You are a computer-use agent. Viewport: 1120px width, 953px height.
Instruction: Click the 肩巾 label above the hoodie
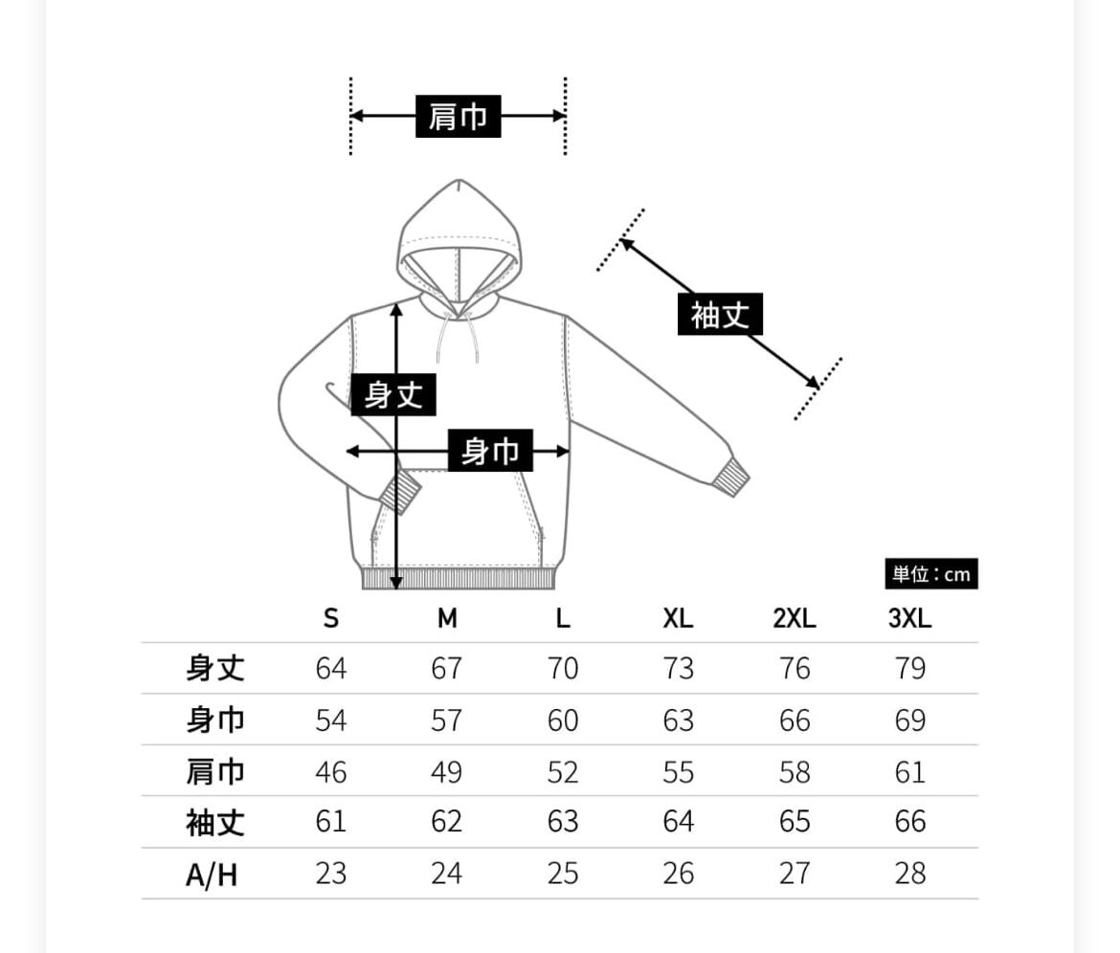pyautogui.click(x=458, y=117)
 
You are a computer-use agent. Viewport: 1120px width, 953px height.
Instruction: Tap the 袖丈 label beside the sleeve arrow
pyautogui.click(x=720, y=314)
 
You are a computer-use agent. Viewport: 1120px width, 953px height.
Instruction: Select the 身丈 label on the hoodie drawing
pyautogui.click(x=393, y=394)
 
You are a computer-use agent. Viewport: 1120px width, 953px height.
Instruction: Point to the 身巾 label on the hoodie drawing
pyautogui.click(x=490, y=451)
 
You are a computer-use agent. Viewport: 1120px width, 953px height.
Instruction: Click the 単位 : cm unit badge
pyautogui.click(x=930, y=574)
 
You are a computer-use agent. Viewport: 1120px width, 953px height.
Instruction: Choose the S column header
pyautogui.click(x=331, y=619)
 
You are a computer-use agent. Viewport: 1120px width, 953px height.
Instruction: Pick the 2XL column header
pyautogui.click(x=795, y=619)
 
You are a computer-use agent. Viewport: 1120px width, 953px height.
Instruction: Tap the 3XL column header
pyautogui.click(x=909, y=619)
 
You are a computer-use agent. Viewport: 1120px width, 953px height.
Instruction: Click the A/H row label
pyautogui.click(x=212, y=874)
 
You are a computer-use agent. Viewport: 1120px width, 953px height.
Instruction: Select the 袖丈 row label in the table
pyautogui.click(x=215, y=822)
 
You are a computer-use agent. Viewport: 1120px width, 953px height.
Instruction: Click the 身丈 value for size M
pyautogui.click(x=447, y=668)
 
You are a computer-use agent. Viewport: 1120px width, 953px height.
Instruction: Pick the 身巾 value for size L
pyautogui.click(x=563, y=720)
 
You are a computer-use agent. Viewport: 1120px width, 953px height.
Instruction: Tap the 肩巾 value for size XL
pyautogui.click(x=679, y=771)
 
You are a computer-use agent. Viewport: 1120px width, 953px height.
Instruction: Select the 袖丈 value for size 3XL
pyautogui.click(x=910, y=822)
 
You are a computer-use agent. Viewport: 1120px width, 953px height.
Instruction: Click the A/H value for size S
pyautogui.click(x=331, y=874)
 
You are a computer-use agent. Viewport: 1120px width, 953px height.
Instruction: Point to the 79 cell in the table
pyautogui.click(x=910, y=668)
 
